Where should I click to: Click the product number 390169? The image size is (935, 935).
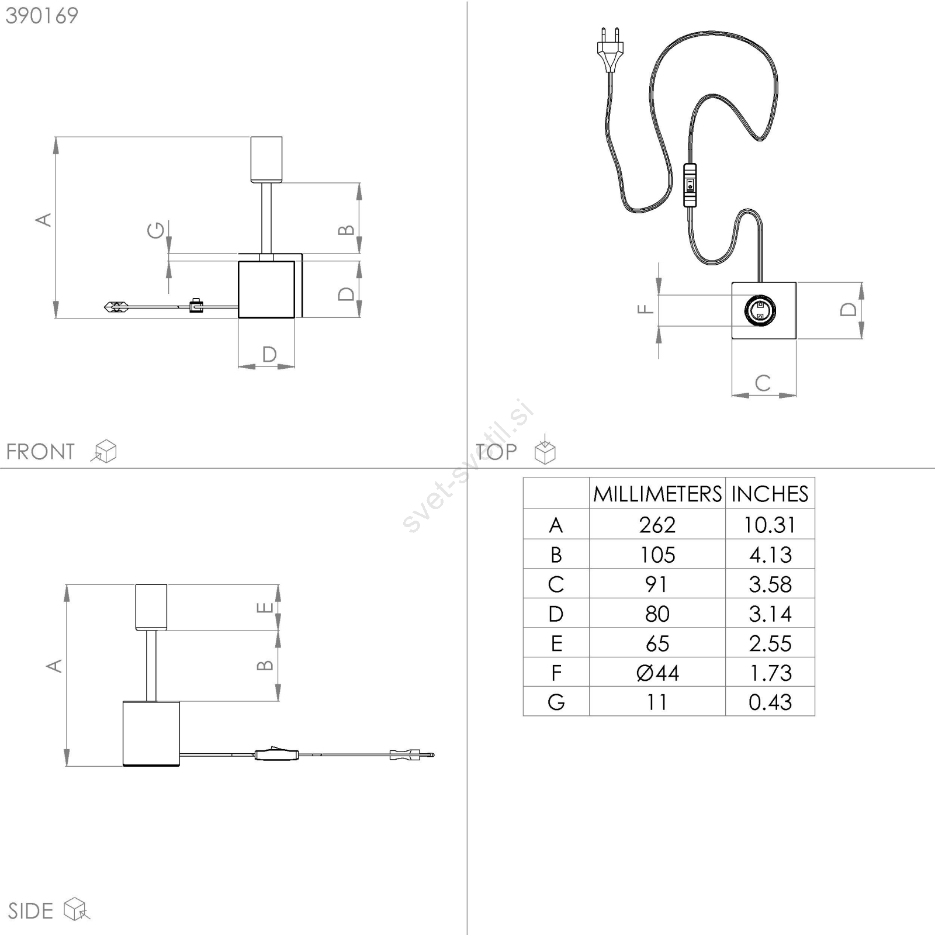click(x=42, y=16)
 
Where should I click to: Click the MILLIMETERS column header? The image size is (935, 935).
click(x=657, y=494)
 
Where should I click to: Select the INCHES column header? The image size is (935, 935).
click(x=770, y=494)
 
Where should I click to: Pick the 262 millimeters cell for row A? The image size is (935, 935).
click(x=657, y=525)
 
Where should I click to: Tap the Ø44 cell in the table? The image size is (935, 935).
click(x=657, y=673)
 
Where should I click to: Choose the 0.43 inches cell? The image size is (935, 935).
click(x=770, y=702)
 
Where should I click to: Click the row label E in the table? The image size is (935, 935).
click(x=556, y=643)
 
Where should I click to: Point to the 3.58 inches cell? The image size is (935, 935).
click(x=770, y=584)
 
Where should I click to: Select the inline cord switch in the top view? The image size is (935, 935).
click(x=690, y=185)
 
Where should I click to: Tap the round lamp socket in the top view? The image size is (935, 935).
click(x=760, y=310)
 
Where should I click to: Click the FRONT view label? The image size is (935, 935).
click(x=40, y=452)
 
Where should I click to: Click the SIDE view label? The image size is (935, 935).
click(x=30, y=911)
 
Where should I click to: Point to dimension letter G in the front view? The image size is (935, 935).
click(x=156, y=230)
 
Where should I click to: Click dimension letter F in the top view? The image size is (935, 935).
click(x=645, y=309)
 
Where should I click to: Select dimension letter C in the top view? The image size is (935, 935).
click(x=763, y=383)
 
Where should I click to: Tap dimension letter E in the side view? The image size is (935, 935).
click(x=265, y=608)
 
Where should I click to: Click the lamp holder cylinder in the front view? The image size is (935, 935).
click(x=266, y=160)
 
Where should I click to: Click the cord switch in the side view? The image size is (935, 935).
click(x=276, y=754)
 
